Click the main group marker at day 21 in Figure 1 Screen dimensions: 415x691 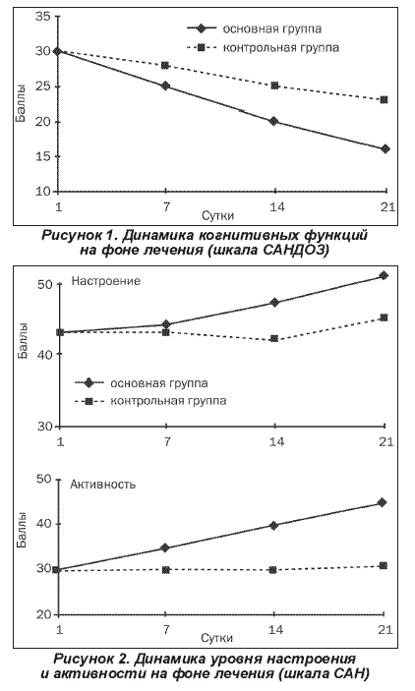coord(385,149)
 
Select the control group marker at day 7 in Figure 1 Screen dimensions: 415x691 coord(165,65)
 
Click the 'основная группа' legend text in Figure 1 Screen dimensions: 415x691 coord(272,29)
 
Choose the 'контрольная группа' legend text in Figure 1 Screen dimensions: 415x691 coord(281,47)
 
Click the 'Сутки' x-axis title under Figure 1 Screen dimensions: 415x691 coord(218,216)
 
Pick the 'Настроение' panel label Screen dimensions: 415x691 coord(106,281)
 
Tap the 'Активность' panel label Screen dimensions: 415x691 coord(103,485)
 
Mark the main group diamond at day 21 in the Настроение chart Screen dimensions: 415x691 coord(384,275)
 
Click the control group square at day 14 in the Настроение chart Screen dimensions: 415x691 coord(273,338)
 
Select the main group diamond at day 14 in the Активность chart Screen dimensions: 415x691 coord(273,525)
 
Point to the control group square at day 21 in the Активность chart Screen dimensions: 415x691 coord(384,565)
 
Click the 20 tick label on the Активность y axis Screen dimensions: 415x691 coord(44,614)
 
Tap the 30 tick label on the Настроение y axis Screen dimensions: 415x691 coord(45,427)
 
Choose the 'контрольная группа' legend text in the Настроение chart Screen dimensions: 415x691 coord(168,401)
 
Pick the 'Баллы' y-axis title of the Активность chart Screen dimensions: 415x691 coord(23,530)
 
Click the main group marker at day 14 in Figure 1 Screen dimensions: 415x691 coord(273,121)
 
